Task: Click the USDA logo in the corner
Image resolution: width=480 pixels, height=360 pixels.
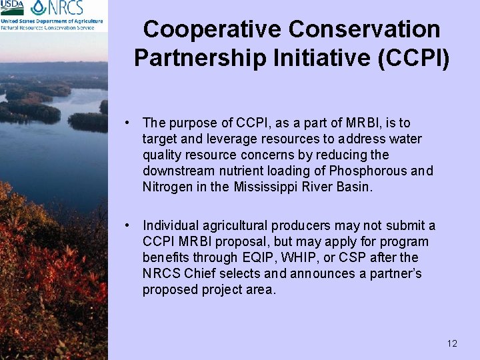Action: pos(13,8)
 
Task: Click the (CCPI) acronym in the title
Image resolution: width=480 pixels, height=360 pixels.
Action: pos(413,57)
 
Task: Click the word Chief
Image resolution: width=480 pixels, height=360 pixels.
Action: pos(199,273)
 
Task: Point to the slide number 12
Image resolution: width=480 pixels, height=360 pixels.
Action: pos(452,343)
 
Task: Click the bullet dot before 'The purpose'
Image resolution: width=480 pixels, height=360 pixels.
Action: pos(126,123)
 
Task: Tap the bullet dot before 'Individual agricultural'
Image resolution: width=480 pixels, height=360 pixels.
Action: pos(126,225)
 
